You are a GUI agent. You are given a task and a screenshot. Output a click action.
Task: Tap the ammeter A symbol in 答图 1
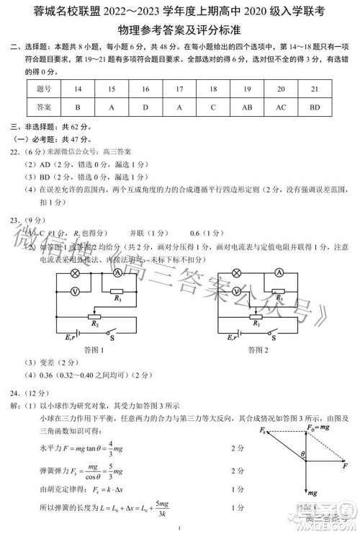click(x=117, y=273)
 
